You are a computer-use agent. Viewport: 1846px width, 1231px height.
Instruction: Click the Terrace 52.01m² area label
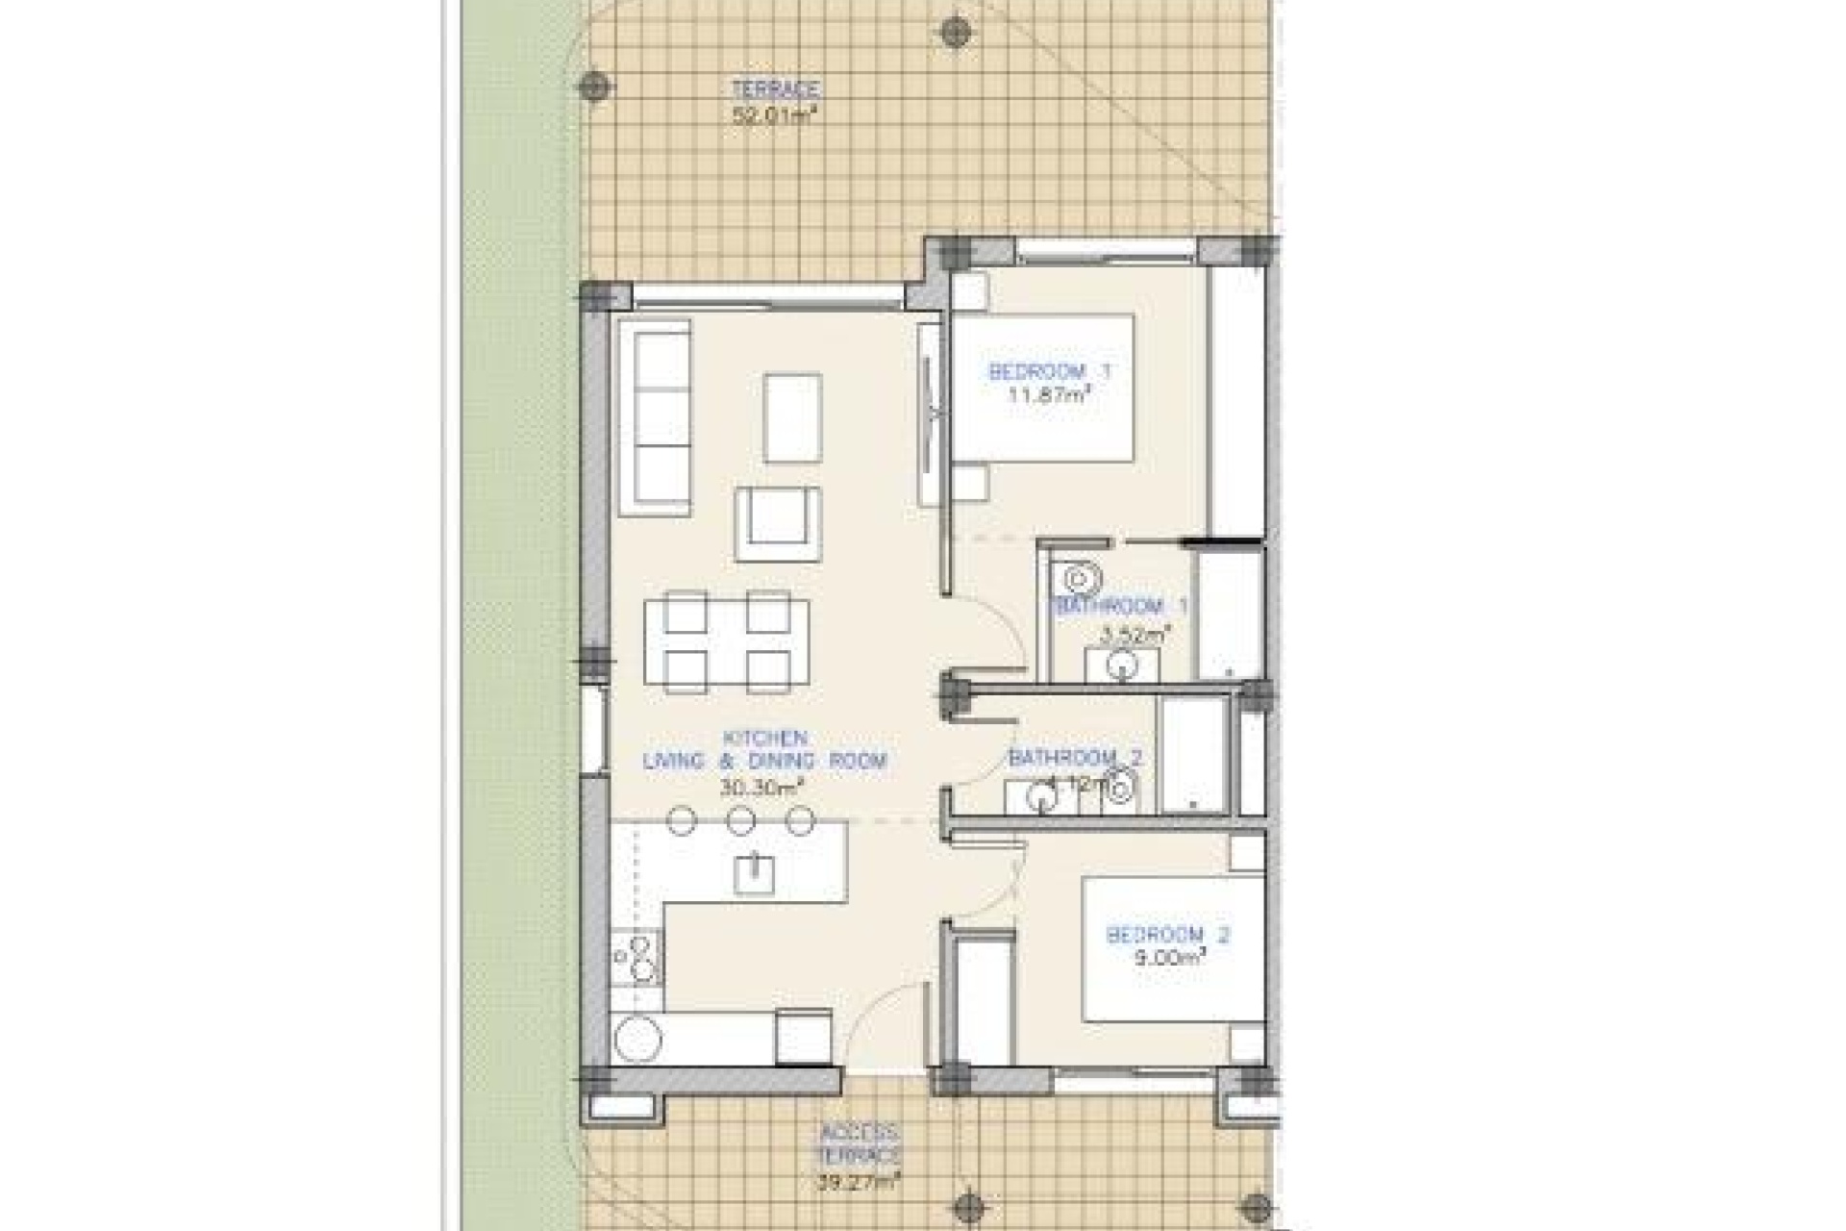click(775, 103)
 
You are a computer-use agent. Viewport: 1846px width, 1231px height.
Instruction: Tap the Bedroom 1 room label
click(1051, 371)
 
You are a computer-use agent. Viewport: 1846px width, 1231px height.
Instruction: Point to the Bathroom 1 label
click(1121, 607)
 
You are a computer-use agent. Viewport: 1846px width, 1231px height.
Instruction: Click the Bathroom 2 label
click(1075, 758)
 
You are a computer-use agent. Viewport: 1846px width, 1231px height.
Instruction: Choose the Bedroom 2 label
click(1168, 934)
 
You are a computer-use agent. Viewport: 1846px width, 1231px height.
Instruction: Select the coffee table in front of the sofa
click(793, 417)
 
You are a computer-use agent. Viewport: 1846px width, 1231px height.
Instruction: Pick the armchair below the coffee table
click(778, 523)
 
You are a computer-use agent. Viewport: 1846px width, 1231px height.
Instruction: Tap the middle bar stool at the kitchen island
click(740, 821)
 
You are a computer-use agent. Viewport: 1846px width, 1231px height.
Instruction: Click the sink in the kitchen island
click(755, 874)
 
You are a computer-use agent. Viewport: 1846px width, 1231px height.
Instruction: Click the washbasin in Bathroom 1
click(1121, 666)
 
